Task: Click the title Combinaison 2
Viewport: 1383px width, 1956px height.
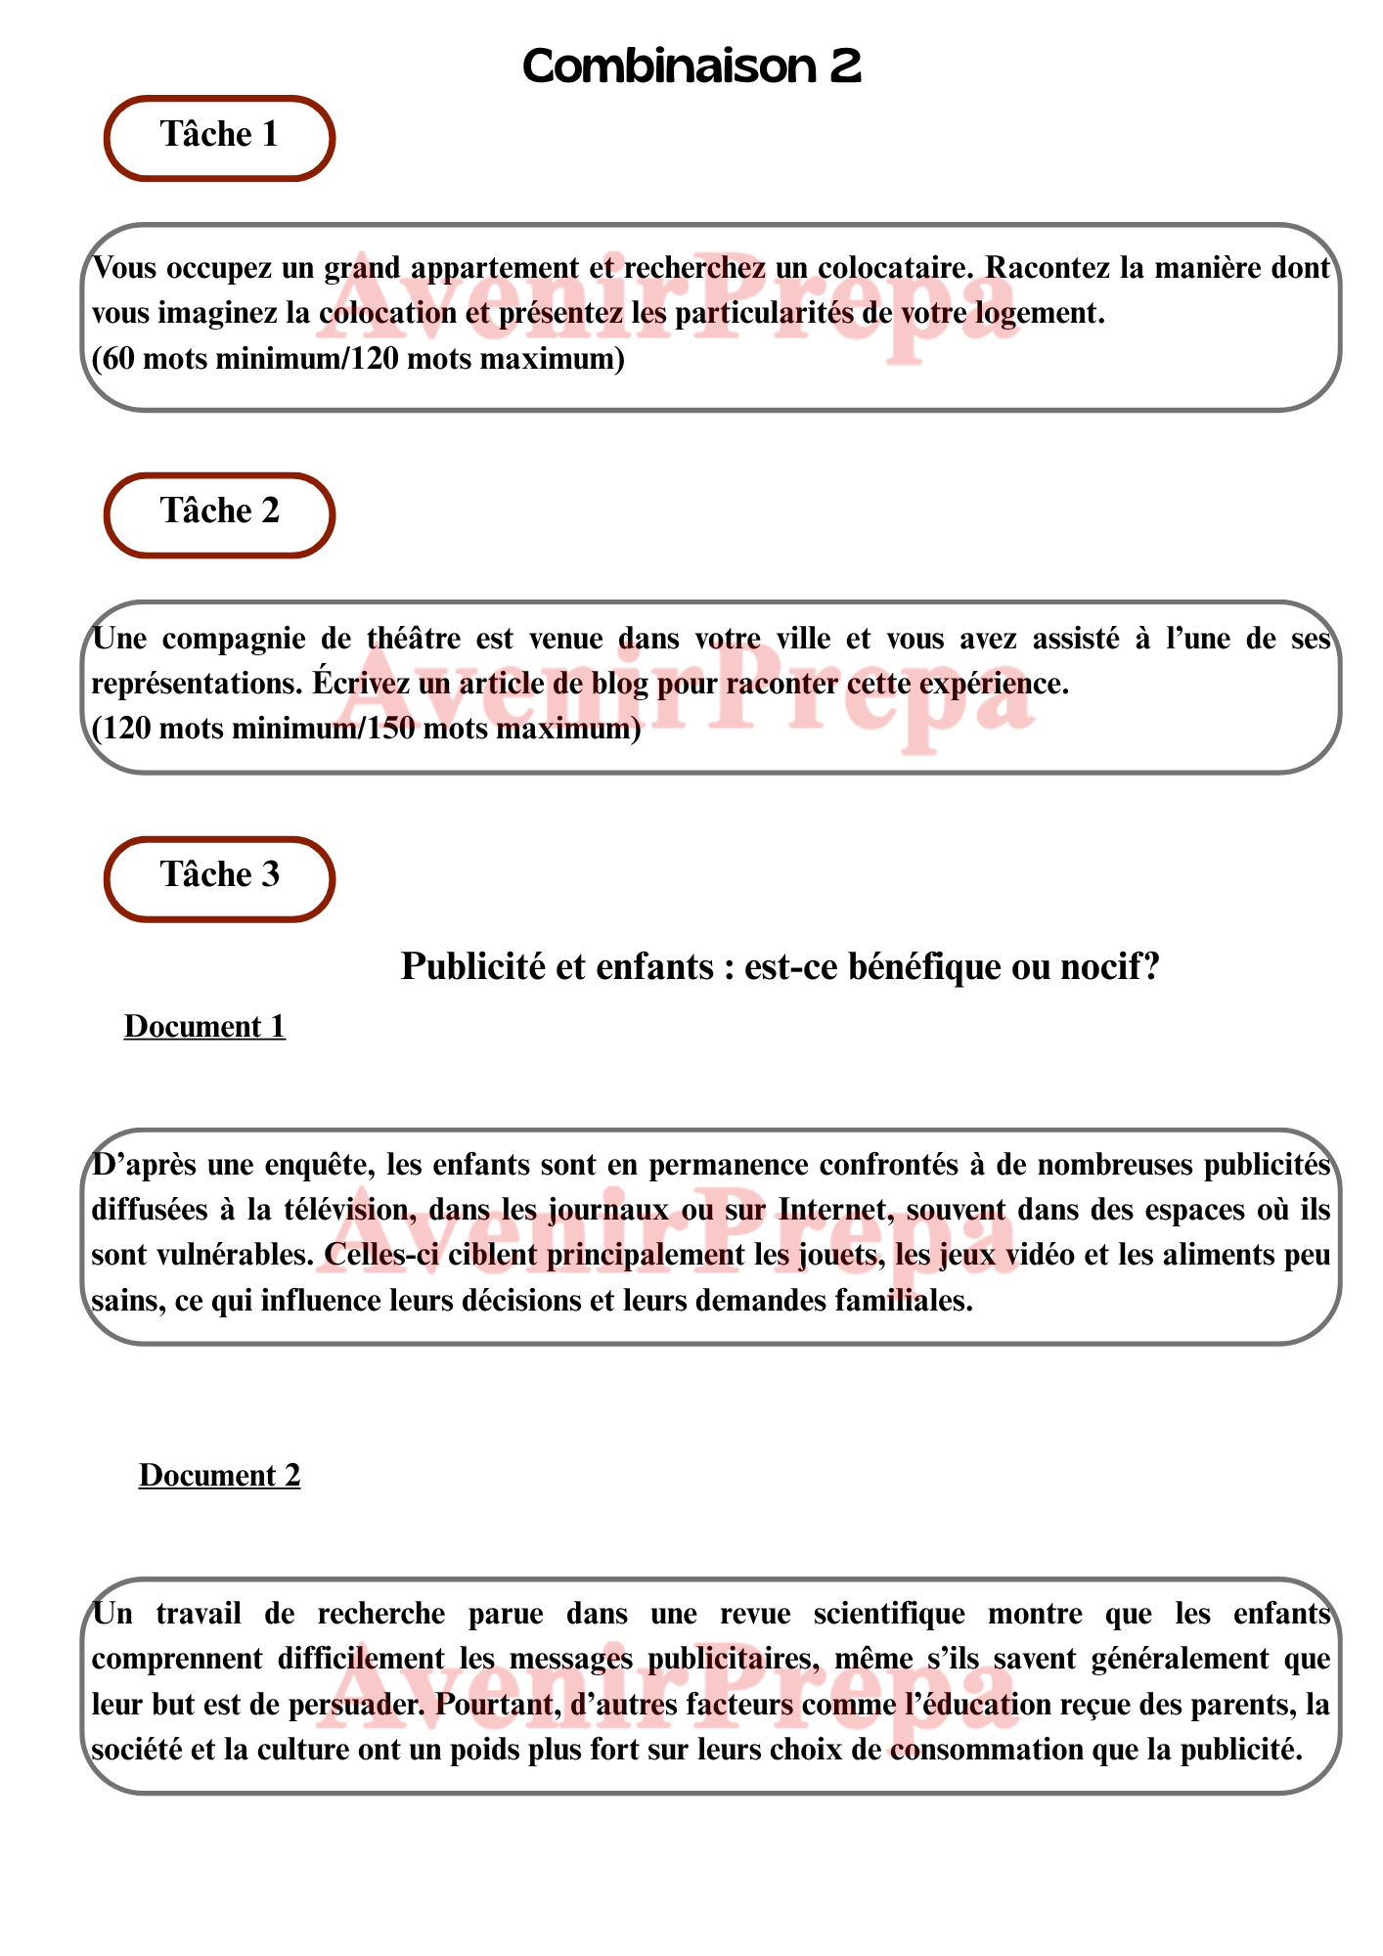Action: (691, 67)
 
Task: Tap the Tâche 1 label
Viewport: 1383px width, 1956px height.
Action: (219, 135)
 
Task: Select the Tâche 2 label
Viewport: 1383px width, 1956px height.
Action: (219, 511)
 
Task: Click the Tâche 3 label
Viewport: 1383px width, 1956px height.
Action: (219, 875)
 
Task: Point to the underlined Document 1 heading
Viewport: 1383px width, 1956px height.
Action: (204, 1027)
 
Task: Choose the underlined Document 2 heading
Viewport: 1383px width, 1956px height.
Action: (219, 1476)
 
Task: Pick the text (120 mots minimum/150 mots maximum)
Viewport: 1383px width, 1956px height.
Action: (366, 730)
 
